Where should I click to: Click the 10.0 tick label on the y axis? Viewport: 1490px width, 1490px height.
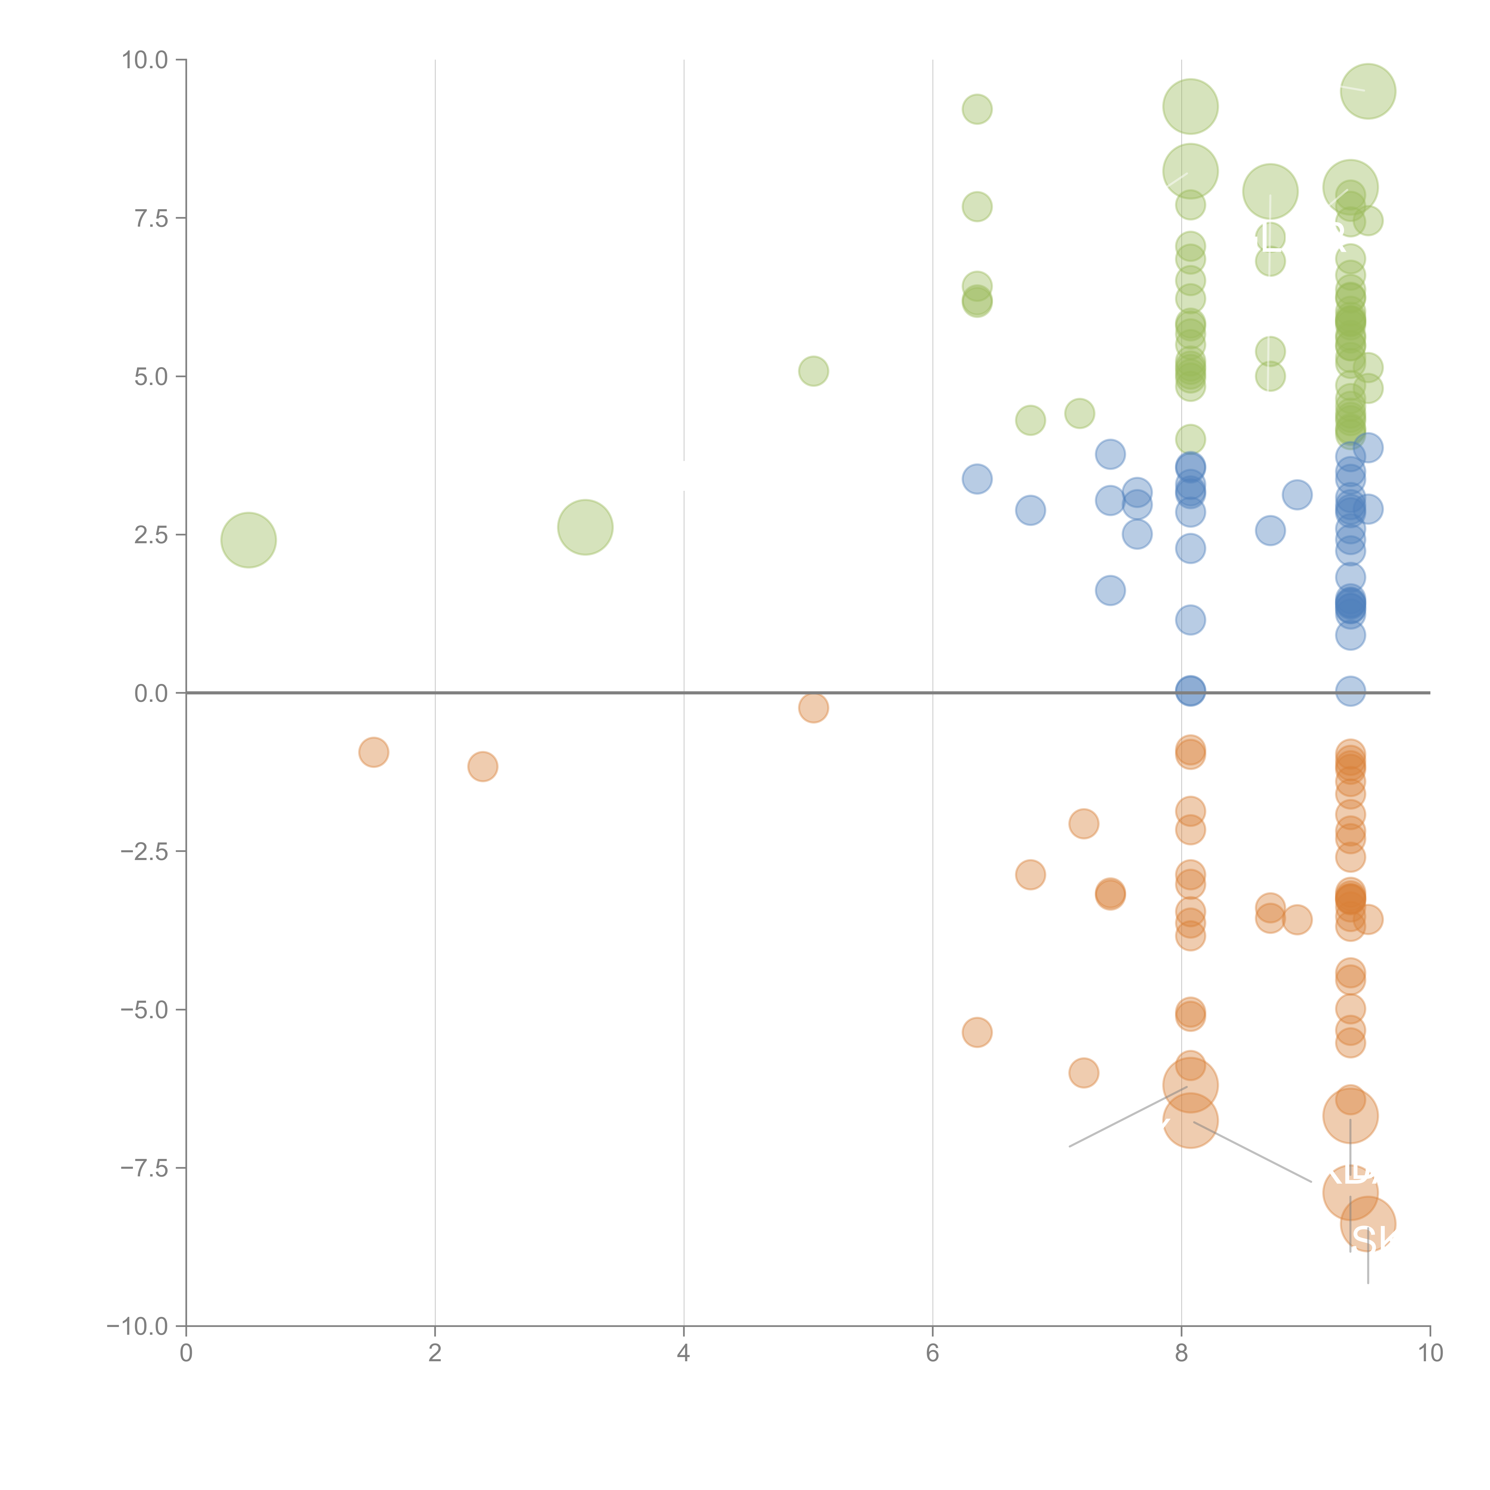point(145,60)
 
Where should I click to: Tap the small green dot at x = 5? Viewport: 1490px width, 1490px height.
point(813,371)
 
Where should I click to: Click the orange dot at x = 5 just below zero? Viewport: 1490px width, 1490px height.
point(813,707)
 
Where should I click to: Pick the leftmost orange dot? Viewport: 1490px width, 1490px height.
point(373,752)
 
